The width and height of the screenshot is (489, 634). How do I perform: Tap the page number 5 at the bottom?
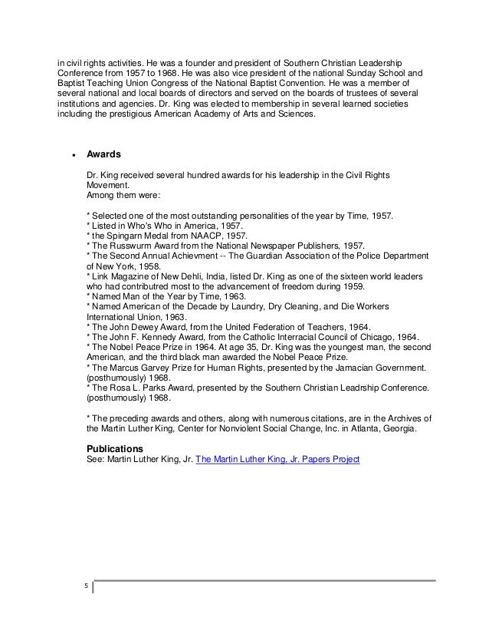86,589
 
